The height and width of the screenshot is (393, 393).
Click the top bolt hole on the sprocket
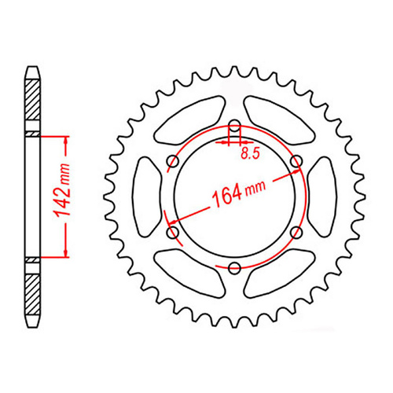click(x=234, y=126)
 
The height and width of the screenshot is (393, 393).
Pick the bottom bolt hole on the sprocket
click(x=234, y=268)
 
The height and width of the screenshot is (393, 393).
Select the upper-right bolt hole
click(x=296, y=162)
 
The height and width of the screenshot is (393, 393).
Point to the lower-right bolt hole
click(x=296, y=233)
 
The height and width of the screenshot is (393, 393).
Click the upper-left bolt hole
click(x=172, y=162)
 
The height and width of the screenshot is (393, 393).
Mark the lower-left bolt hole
click(x=172, y=233)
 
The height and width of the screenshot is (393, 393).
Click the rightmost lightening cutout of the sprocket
click(x=321, y=197)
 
